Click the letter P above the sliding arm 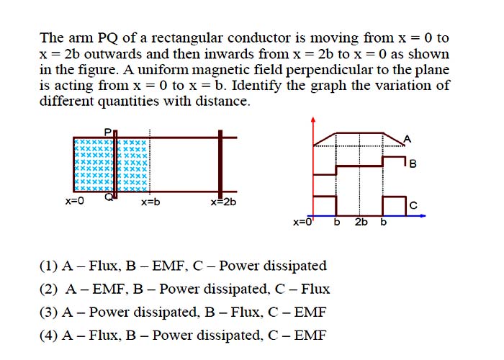click(108, 132)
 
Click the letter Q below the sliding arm click(109, 197)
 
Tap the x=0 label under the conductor click(75, 201)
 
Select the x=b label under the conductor click(150, 202)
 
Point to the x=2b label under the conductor click(223, 202)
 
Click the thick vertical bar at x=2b click(220, 165)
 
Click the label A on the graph click(408, 139)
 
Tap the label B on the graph click(413, 164)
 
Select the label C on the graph click(413, 205)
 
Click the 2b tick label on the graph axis click(361, 222)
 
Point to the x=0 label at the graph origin click(302, 222)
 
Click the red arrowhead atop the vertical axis click(313, 120)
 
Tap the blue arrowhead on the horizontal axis click(423, 216)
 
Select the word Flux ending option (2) click(315, 289)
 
